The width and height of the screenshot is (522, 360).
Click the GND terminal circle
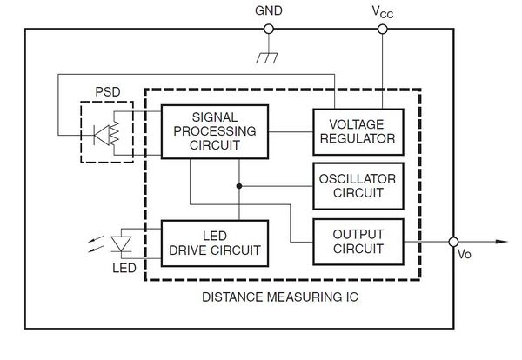(269, 30)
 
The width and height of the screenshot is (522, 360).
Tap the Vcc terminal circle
(383, 30)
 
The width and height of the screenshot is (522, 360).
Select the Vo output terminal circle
(453, 242)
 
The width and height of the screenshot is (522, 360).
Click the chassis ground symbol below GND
(267, 57)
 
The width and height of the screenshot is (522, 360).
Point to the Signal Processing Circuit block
(215, 132)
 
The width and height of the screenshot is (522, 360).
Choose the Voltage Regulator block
(358, 132)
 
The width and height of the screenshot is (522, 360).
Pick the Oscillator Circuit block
(358, 186)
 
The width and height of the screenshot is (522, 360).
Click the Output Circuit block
(358, 242)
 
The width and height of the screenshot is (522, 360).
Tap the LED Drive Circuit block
(215, 243)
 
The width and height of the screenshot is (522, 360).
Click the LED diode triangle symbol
(121, 243)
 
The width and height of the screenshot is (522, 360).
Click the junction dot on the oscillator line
(239, 186)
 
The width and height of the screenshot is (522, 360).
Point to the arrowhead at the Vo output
(502, 242)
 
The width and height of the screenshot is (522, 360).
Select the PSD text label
(108, 92)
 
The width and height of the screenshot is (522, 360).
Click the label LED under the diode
(124, 268)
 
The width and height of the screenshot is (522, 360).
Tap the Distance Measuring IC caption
(280, 297)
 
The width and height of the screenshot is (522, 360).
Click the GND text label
(269, 10)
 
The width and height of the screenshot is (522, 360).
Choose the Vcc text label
(383, 12)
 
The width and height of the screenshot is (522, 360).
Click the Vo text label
(465, 254)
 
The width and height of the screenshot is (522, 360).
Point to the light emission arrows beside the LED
(96, 243)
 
